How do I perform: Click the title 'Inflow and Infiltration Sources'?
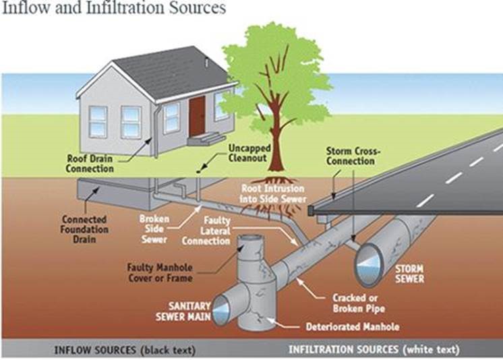(x=115, y=9)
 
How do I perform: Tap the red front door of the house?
(x=198, y=114)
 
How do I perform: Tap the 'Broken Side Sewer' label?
(x=154, y=229)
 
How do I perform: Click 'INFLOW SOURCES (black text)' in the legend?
(x=115, y=350)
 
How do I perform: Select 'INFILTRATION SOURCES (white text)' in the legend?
(x=374, y=350)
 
